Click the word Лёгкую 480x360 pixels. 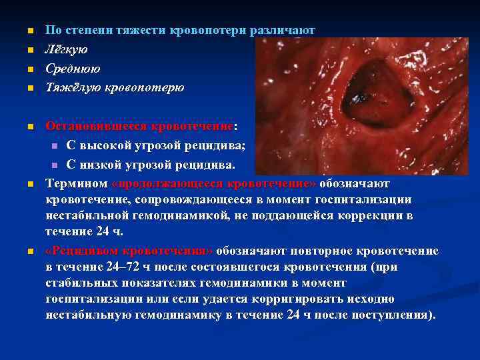pyautogui.click(x=66, y=49)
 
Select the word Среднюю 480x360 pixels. pyautogui.click(x=73, y=69)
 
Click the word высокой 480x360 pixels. pyautogui.click(x=115, y=145)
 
